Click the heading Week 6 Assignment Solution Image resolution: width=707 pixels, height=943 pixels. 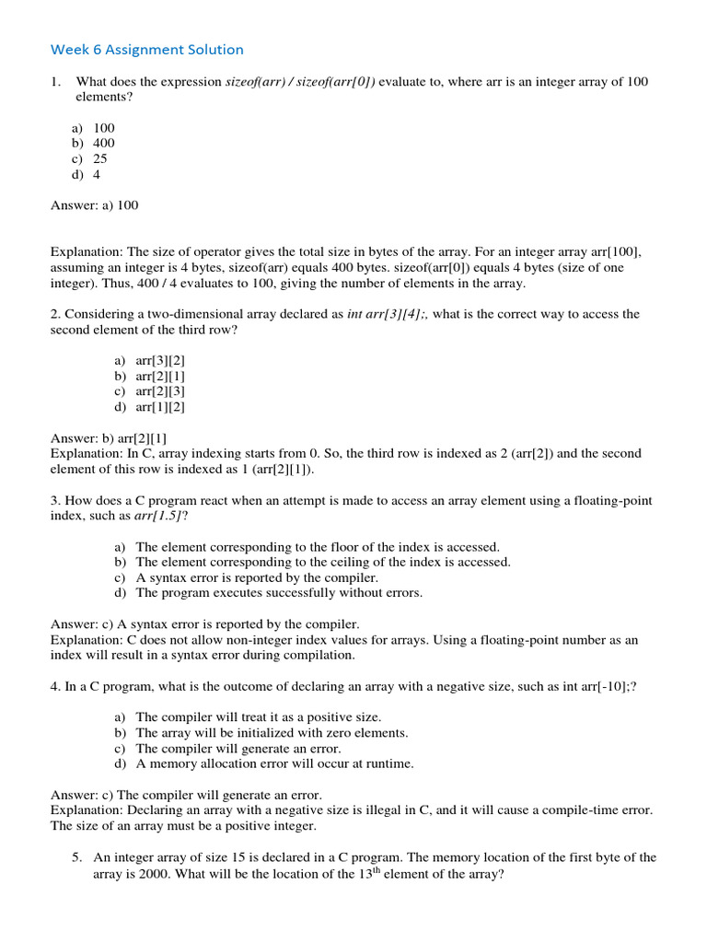point(146,50)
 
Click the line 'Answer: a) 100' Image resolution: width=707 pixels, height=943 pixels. point(94,205)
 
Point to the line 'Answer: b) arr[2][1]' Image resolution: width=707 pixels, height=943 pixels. point(109,438)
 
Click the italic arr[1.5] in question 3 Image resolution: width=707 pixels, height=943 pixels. point(156,517)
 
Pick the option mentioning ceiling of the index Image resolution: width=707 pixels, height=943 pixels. point(322,562)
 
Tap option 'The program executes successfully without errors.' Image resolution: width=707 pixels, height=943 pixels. point(279,593)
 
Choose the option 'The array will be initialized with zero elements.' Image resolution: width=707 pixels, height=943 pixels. point(272,733)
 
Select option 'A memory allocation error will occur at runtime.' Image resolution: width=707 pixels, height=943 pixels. point(274,763)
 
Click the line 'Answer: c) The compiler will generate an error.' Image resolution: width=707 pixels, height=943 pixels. point(186,795)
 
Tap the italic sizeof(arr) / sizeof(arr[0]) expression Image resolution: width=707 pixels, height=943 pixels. point(300,82)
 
